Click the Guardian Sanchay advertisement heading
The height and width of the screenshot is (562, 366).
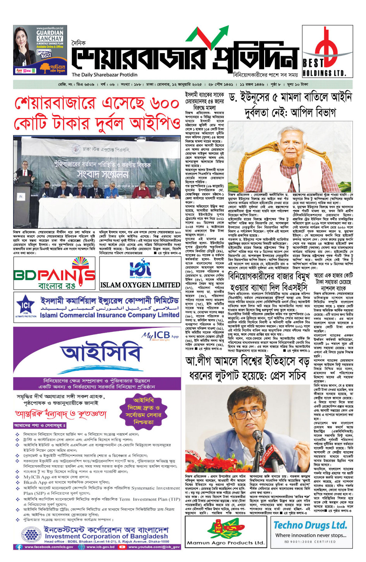pos(50,36)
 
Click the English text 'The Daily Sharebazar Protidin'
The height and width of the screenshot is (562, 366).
pos(104,75)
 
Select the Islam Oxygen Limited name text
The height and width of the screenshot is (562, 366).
pos(140,285)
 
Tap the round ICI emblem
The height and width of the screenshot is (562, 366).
pos(26,306)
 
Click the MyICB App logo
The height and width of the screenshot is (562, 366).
pos(160,335)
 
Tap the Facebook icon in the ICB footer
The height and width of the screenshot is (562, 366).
pos(19,547)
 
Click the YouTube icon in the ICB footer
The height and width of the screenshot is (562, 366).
pos(122,547)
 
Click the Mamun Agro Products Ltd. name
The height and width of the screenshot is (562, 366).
pos(225,543)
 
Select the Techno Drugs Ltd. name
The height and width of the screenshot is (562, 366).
pos(310,525)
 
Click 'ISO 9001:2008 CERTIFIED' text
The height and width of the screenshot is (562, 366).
pos(310,542)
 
